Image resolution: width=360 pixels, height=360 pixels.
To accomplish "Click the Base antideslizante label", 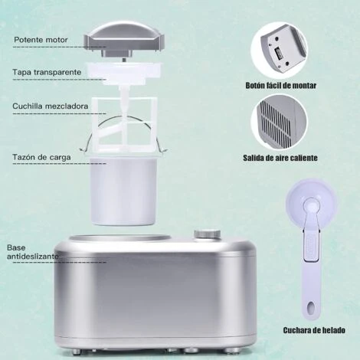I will tap(31, 252).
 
